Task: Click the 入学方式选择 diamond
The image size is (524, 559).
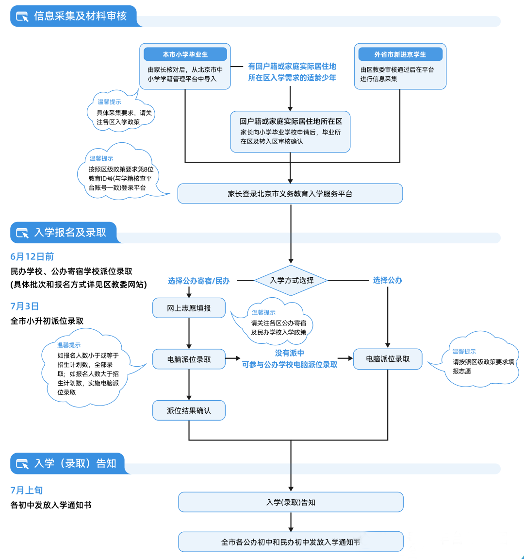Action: (291, 280)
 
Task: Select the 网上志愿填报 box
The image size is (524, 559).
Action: (189, 308)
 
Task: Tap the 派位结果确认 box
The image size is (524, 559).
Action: (189, 410)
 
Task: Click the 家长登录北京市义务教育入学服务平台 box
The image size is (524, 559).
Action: (290, 194)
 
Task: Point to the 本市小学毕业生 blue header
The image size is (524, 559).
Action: (185, 54)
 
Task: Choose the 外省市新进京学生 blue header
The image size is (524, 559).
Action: (400, 54)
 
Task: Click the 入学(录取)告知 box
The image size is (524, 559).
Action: (291, 502)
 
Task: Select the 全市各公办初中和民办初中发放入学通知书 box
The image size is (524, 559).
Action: (291, 542)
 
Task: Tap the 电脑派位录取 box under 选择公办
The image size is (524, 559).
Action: (388, 359)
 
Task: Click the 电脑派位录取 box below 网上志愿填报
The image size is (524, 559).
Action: (189, 359)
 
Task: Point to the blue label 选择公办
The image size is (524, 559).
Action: (388, 280)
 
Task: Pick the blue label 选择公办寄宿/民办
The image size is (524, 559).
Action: (199, 281)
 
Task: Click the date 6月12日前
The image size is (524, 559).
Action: (32, 256)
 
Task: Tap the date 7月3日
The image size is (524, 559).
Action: (25, 306)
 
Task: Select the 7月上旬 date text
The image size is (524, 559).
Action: (27, 490)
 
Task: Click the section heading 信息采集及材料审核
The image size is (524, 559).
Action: (81, 16)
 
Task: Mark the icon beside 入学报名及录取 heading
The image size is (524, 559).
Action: (22, 233)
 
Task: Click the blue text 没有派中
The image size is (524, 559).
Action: (290, 353)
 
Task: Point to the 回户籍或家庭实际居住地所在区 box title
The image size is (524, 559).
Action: (291, 121)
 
